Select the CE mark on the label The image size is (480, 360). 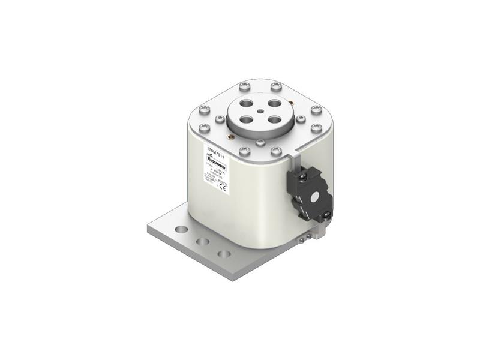coord(221,186)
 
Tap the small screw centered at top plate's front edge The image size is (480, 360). coord(260,142)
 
